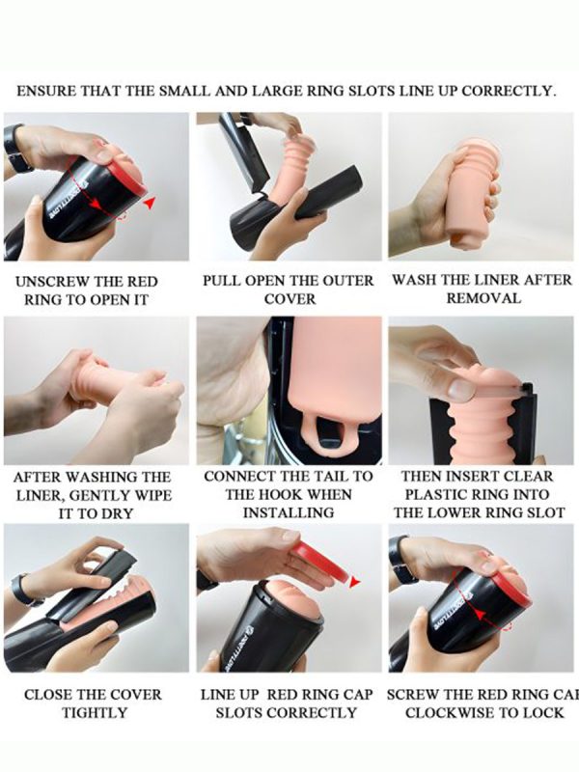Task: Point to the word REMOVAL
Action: (483, 298)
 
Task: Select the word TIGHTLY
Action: (95, 712)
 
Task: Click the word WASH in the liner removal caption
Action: (415, 280)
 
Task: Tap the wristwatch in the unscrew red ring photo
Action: (14, 148)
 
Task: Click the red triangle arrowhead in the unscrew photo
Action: (150, 203)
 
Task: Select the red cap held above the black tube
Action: (320, 563)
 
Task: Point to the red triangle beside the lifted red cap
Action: (354, 583)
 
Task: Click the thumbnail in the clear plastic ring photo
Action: (461, 390)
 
